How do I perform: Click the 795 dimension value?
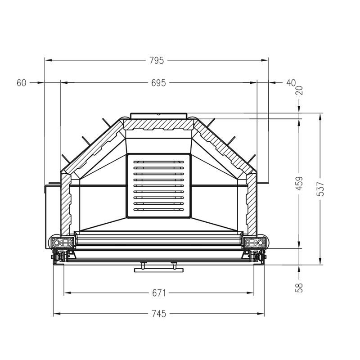coord(157,60)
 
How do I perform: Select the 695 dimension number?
coord(158,83)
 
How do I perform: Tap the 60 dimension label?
coord(22,83)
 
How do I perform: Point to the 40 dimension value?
coord(291,83)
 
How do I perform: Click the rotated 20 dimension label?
coord(300,90)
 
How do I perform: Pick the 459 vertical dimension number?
coord(299,184)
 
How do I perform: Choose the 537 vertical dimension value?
coord(320,189)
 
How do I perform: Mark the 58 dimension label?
coord(299,288)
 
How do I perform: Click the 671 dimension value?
coord(159,293)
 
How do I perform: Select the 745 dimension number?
coord(159,314)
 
